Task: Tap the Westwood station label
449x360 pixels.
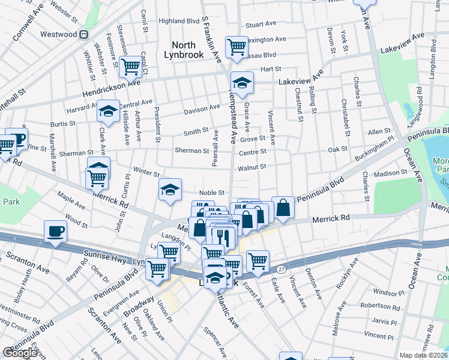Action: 58,34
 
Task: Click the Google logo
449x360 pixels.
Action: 20,353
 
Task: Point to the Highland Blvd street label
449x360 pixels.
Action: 178,20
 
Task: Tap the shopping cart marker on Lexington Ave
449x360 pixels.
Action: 237,46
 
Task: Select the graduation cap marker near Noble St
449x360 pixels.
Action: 170,190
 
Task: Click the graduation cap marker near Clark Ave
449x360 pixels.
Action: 109,111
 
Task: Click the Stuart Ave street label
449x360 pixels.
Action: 261,25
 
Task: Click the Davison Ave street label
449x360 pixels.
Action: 202,109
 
